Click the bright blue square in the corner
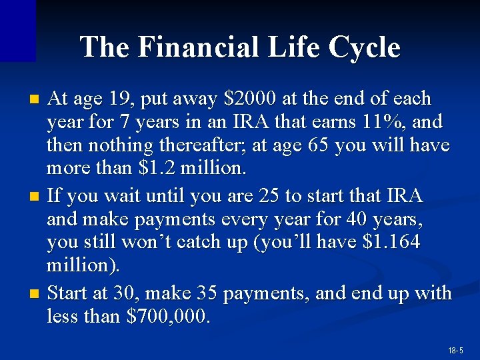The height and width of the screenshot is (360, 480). [x=17, y=30]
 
